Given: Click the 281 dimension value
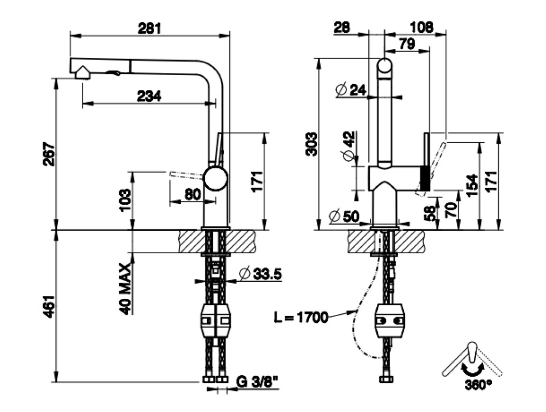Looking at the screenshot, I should point(149,28).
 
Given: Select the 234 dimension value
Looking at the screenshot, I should point(149,95).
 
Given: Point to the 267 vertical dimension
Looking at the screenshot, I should point(49,154).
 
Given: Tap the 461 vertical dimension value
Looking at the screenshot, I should point(49,306).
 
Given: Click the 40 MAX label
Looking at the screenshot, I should point(125,289).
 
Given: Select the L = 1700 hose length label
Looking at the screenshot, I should point(301,317).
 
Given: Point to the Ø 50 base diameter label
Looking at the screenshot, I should point(344,216).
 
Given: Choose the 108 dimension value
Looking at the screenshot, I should point(421,27).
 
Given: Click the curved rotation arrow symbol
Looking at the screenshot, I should point(471,370).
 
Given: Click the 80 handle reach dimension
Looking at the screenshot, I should point(193,194).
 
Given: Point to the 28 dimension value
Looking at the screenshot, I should point(342,27).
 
